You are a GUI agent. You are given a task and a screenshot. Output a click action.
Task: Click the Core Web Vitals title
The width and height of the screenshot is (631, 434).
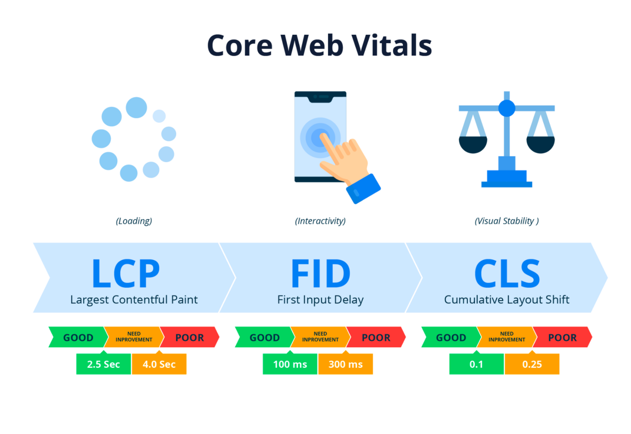point(319,45)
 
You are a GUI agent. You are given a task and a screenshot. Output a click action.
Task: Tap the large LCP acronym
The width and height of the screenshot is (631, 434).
point(125,273)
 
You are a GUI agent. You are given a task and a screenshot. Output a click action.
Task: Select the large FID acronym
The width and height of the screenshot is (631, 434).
point(320,273)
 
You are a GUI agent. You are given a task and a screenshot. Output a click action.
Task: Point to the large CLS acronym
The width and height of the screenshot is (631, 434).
point(507,273)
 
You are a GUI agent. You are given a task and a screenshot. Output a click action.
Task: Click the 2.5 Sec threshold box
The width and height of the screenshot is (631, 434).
point(103,364)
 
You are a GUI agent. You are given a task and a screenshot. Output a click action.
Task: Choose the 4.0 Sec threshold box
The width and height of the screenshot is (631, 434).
point(159,364)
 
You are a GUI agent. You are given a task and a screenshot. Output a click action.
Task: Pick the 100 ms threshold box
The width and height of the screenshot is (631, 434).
point(290,364)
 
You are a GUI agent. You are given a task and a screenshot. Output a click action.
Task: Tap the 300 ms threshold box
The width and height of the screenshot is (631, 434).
point(345,364)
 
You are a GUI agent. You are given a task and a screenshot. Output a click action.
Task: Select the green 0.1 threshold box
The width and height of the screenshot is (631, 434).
point(476,364)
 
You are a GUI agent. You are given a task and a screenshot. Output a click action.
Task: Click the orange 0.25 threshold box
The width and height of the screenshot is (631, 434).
point(531,364)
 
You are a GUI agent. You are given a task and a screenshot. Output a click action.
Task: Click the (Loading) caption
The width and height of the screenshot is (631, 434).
point(134,221)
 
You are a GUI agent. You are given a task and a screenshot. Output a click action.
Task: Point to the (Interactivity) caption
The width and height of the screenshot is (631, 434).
point(320,221)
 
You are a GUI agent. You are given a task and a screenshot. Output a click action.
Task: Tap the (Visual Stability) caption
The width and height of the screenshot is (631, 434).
point(507,221)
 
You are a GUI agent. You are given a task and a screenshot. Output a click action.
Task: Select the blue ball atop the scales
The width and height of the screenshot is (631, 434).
point(507,108)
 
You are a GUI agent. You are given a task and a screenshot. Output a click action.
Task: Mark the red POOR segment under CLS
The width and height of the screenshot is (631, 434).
point(562,338)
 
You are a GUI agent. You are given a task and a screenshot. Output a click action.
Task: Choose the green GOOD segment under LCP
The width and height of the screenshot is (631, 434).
point(78,338)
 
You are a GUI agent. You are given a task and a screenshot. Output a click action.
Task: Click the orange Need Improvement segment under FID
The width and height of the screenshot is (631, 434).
point(320,337)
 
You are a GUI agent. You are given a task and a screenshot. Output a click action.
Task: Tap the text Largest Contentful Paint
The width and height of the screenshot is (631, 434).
point(134,300)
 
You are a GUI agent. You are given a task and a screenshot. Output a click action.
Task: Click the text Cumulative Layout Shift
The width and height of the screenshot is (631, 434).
point(507,300)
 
